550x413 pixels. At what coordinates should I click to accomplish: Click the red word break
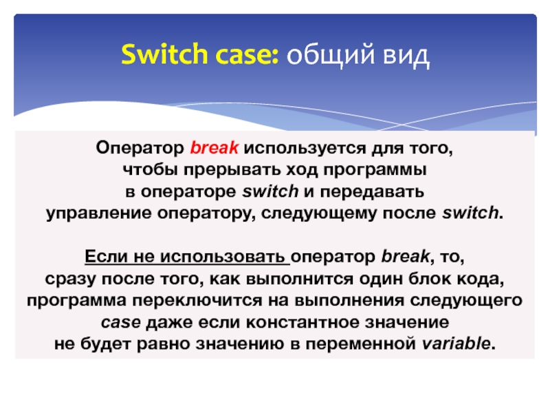coord(214,148)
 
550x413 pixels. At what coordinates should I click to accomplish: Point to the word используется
coord(300,148)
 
